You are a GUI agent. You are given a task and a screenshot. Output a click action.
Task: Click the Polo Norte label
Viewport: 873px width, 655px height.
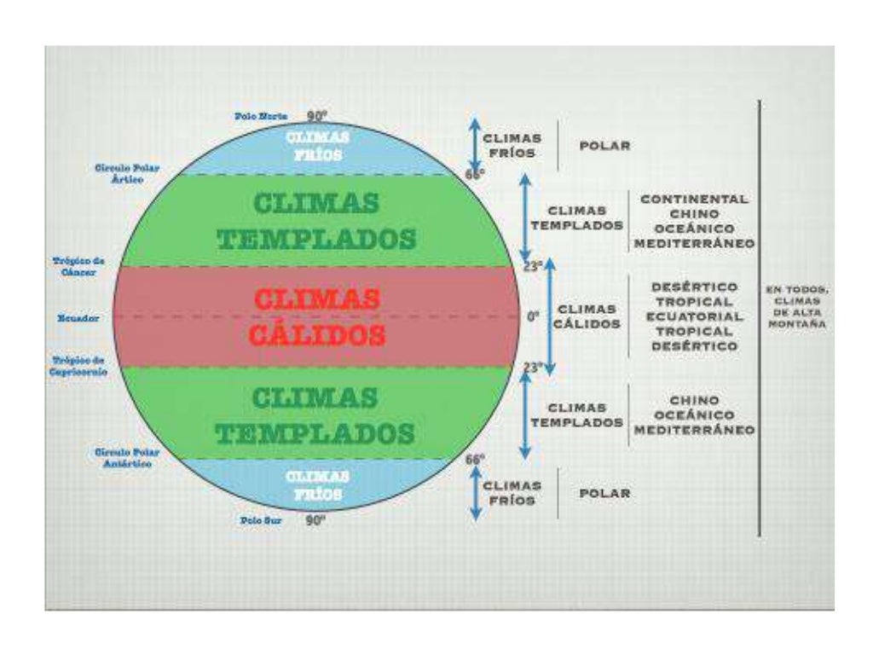point(261,116)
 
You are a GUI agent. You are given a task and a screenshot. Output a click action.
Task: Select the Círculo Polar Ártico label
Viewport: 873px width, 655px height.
point(127,174)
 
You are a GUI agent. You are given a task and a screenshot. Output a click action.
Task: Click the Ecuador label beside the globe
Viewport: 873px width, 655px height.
point(78,318)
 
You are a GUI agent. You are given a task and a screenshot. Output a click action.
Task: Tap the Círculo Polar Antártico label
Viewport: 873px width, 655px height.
point(124,458)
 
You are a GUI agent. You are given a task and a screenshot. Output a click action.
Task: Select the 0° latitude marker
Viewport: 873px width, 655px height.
point(533,316)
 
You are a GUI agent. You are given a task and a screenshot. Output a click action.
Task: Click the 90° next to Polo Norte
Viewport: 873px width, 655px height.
point(317,116)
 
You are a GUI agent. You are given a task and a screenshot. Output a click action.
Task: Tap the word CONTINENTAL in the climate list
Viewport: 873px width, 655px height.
point(694,199)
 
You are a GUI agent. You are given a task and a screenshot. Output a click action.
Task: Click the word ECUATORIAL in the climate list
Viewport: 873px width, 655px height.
point(694,316)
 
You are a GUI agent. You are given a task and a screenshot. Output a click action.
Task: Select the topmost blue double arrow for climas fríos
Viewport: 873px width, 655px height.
point(476,146)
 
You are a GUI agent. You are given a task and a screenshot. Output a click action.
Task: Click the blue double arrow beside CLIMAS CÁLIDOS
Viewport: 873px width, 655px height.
point(551,316)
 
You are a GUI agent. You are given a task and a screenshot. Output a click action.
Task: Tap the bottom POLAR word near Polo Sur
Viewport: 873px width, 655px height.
point(604,494)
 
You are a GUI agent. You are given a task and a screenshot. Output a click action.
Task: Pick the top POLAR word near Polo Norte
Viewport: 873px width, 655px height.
point(604,146)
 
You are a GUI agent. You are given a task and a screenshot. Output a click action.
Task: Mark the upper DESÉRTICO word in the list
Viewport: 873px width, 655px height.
point(694,287)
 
